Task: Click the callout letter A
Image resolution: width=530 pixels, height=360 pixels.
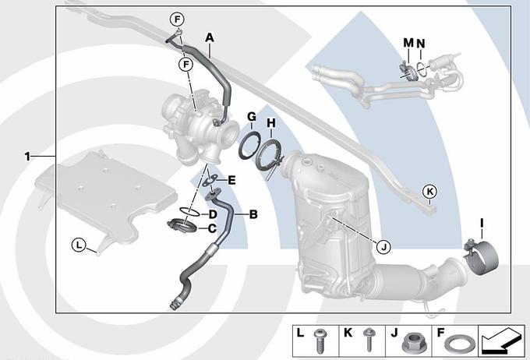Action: [209, 37]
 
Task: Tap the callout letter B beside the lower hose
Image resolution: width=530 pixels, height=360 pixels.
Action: [253, 212]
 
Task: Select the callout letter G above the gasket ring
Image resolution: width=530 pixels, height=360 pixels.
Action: [251, 117]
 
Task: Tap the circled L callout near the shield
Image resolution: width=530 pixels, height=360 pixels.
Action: [78, 245]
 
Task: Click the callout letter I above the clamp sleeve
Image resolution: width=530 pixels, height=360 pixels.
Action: [482, 224]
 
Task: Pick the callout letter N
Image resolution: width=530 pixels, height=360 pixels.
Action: [421, 41]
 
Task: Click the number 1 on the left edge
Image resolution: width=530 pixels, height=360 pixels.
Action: [26, 156]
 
